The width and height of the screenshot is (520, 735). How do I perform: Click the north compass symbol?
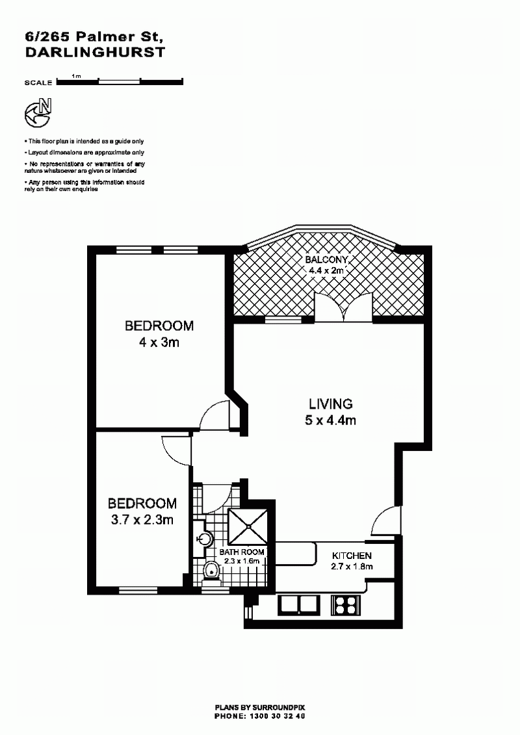[x=38, y=113]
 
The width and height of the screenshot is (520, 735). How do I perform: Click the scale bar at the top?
[x=120, y=82]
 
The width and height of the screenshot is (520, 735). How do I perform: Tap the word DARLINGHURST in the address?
[x=95, y=52]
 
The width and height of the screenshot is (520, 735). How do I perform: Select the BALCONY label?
[x=326, y=260]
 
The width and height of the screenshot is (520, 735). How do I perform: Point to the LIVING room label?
[x=331, y=404]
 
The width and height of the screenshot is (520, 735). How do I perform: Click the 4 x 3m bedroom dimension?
[x=159, y=342]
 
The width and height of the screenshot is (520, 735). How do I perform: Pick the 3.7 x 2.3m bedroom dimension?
[x=142, y=519]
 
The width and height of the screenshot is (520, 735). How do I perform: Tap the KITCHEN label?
[x=352, y=556]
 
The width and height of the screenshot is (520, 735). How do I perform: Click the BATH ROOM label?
[x=242, y=552]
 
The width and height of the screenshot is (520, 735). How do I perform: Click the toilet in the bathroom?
[x=212, y=573]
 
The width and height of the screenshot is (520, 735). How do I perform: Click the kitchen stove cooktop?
[x=346, y=604]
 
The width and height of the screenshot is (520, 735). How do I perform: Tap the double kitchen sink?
[x=299, y=604]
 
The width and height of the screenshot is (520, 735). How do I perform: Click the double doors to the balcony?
[x=344, y=307]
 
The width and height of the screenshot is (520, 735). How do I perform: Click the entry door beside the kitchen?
[x=386, y=521]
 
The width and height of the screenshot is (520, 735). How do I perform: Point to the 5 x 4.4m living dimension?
[x=330, y=420]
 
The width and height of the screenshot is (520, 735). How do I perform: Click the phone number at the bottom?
[x=279, y=716]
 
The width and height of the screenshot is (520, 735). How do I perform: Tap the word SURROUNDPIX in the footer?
[x=278, y=708]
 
